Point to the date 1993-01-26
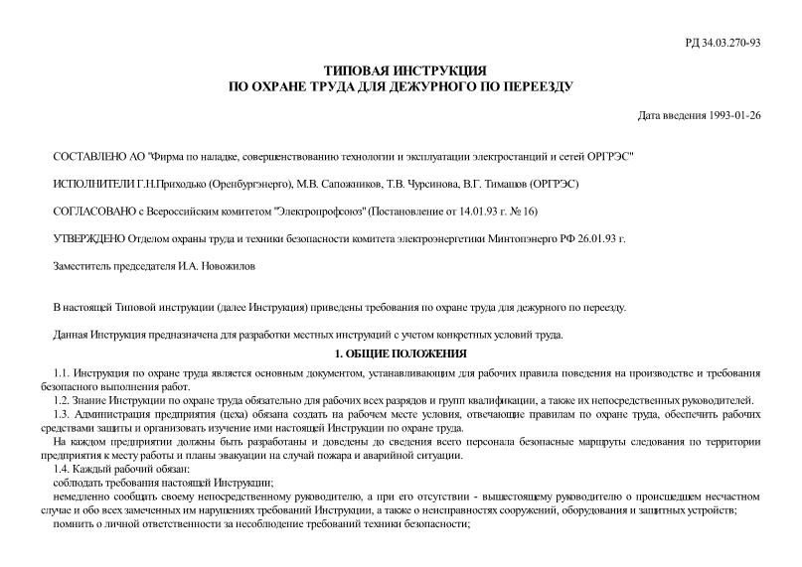[x=734, y=115]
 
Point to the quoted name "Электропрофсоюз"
[x=321, y=211]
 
